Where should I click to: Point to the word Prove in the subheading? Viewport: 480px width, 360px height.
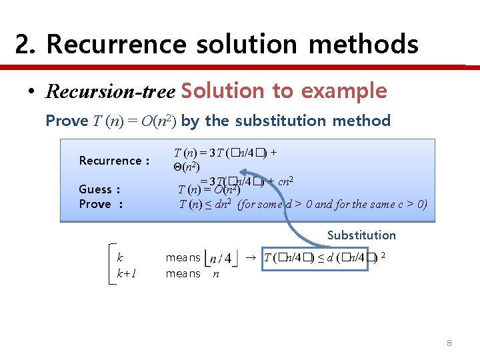pyautogui.click(x=67, y=121)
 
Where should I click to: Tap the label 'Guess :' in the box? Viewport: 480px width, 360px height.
pyautogui.click(x=99, y=189)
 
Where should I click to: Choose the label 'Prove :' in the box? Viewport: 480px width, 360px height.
pyautogui.click(x=101, y=204)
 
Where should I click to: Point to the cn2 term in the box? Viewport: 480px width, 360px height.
pyautogui.click(x=287, y=181)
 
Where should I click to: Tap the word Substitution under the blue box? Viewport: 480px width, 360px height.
pyautogui.click(x=361, y=235)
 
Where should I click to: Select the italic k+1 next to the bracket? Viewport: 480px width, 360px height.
pyautogui.click(x=127, y=273)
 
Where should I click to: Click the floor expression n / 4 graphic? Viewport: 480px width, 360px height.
pyautogui.click(x=221, y=258)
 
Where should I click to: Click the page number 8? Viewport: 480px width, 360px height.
pyautogui.click(x=449, y=343)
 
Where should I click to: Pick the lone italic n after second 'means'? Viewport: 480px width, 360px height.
pyautogui.click(x=215, y=273)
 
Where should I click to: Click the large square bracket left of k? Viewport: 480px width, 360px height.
pyautogui.click(x=111, y=265)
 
